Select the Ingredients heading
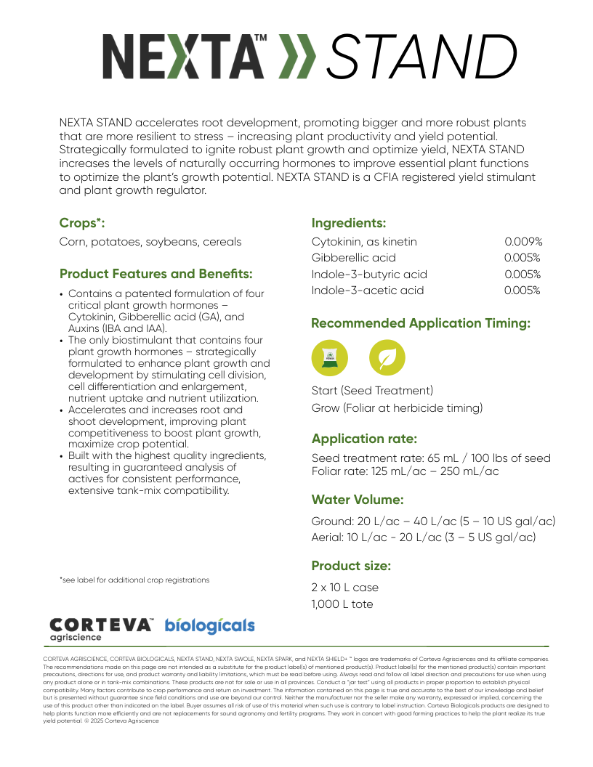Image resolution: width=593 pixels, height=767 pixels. point(348,223)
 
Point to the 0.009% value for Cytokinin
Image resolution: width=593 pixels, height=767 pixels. point(523,242)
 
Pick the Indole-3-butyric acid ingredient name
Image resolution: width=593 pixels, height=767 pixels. point(369,275)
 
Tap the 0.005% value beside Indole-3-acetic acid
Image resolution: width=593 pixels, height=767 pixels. point(523,291)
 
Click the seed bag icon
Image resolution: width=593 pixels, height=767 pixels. point(330,357)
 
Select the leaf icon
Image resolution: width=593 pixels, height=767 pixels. point(387,357)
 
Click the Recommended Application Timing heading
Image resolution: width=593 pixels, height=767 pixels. point(421,323)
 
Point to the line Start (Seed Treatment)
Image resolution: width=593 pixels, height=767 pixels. point(372,391)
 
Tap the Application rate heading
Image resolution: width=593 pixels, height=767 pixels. point(364,439)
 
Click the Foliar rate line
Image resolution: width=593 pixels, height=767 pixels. point(405,471)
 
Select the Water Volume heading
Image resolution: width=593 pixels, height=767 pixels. point(358,500)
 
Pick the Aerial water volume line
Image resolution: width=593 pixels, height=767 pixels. point(424,537)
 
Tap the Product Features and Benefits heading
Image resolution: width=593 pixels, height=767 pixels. point(156,275)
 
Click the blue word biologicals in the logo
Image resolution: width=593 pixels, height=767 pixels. point(210,626)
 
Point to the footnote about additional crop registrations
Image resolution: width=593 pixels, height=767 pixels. point(134,580)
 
